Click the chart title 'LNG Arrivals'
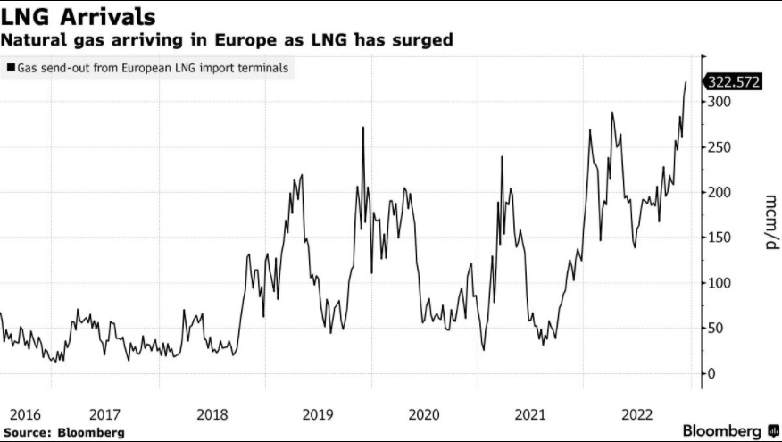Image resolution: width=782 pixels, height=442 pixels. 79,17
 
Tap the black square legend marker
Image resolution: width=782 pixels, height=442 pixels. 10,68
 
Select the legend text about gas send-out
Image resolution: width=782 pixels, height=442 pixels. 153,68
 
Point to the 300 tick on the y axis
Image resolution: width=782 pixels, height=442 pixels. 720,102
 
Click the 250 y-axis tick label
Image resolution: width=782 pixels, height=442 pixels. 720,147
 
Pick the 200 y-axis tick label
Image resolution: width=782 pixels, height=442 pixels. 720,192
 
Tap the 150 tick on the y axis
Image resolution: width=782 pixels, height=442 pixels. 720,238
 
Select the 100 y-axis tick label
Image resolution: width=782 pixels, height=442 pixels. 720,283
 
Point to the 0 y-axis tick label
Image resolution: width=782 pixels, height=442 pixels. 711,373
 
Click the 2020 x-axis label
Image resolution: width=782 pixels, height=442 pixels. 423,414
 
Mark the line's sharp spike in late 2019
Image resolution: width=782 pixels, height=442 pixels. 363,129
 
